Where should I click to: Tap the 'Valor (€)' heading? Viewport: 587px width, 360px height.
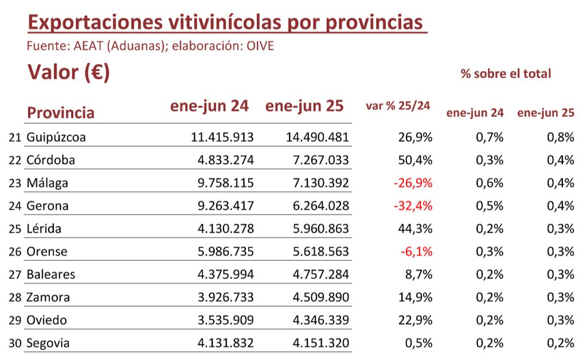[x=68, y=73]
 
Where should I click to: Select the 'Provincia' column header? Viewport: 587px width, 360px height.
[x=60, y=112]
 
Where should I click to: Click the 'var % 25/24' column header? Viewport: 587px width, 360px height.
[x=397, y=106]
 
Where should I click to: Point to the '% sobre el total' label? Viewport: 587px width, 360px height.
[x=506, y=74]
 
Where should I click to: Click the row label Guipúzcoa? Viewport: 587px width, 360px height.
[x=56, y=138]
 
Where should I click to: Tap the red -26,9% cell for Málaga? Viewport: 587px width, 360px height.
[x=413, y=183]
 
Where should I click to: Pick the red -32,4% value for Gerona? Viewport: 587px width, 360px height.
[x=413, y=206]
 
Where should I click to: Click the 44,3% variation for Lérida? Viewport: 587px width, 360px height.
[x=415, y=229]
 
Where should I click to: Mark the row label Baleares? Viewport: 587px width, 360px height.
[x=50, y=275]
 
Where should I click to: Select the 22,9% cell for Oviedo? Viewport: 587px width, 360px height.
[x=415, y=320]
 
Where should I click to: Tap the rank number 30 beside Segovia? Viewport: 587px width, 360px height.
[x=15, y=343]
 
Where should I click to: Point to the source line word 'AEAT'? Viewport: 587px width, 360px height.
[x=88, y=46]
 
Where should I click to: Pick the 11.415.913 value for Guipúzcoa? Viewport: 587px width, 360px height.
[x=222, y=138]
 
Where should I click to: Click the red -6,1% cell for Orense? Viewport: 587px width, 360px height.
[x=417, y=252]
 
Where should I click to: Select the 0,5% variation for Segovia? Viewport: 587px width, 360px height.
[x=418, y=343]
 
